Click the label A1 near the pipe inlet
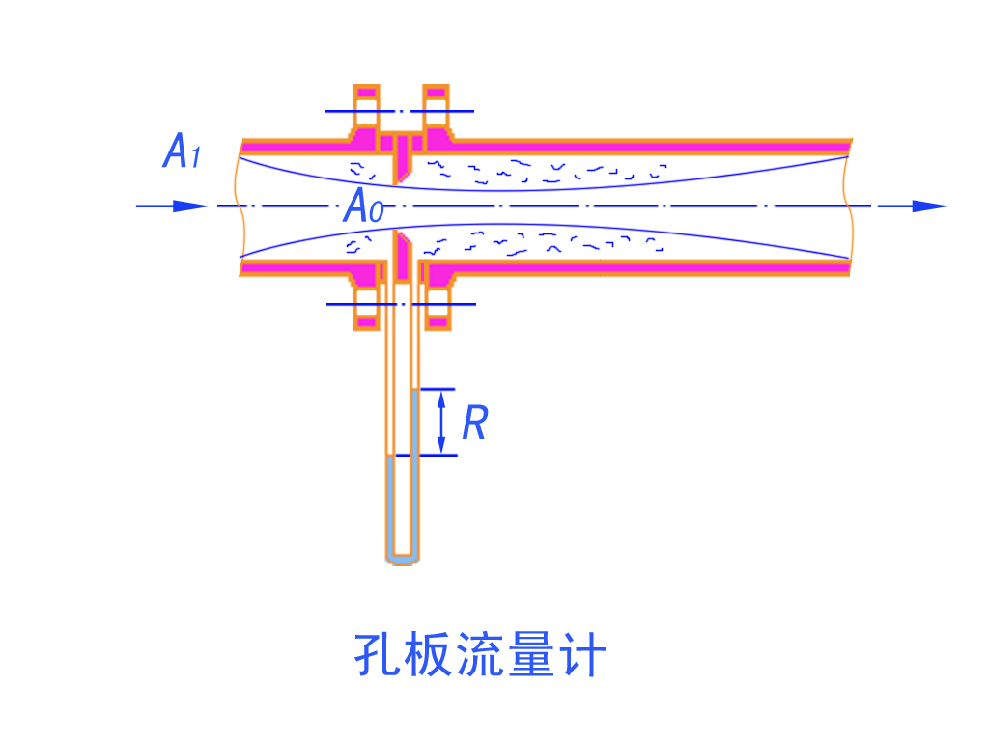[182, 152]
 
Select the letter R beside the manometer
[474, 423]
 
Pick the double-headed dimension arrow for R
[441, 423]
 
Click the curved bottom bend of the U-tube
[403, 558]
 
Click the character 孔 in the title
[376, 656]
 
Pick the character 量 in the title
[530, 656]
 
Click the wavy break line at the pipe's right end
[850, 206]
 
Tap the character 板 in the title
[427, 656]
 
